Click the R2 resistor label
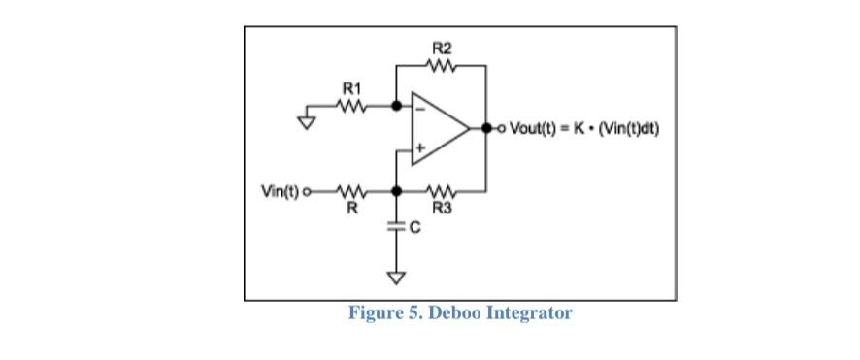(441, 47)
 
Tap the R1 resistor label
(352, 88)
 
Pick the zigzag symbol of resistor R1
(352, 106)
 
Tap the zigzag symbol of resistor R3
(442, 190)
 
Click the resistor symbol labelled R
(352, 190)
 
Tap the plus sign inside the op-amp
(420, 147)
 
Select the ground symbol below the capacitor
(396, 278)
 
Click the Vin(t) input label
(281, 190)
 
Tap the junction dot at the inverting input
(396, 106)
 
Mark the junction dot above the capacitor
(396, 190)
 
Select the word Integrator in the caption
(528, 313)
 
